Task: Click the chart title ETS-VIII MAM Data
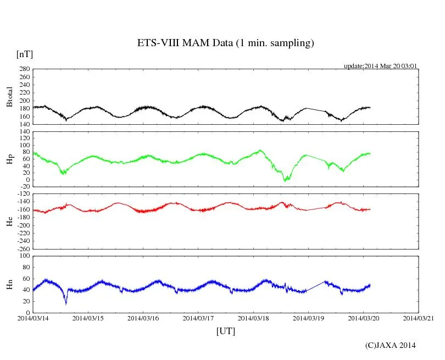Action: coord(225,43)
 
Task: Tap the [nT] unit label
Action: coord(24,54)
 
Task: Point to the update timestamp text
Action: coord(381,66)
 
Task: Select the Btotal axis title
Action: coord(9,97)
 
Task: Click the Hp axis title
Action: coord(9,159)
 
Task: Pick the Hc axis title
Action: coord(9,221)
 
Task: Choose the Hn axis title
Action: coord(9,284)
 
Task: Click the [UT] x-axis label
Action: coord(225,331)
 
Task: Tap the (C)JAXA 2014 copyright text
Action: coord(390,345)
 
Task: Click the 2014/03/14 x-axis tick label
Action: coord(33,318)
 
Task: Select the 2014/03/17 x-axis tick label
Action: coord(198,318)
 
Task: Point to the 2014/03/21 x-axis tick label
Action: coord(418,318)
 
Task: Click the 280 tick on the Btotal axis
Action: coord(24,69)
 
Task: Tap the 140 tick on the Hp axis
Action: coord(24,132)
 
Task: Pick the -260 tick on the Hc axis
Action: coord(23,248)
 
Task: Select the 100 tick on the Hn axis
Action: coord(24,256)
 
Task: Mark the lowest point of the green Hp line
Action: coord(285,180)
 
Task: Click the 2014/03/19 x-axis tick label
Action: coord(308,318)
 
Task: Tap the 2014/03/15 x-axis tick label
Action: coord(88,318)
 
